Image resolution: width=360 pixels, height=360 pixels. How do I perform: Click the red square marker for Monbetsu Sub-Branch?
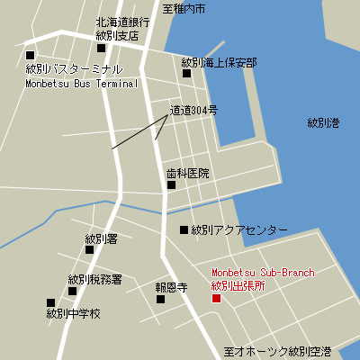215,298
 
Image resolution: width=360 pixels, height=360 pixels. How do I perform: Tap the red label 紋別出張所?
238,285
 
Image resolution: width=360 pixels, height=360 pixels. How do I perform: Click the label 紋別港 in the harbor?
322,122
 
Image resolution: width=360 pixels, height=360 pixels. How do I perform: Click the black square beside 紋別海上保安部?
187,74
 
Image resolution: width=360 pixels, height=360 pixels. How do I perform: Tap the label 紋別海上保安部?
219,62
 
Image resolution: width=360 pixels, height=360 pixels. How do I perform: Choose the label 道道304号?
193,111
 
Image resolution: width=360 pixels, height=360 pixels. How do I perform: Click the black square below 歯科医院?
171,185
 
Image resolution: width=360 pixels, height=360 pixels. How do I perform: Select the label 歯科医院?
187,173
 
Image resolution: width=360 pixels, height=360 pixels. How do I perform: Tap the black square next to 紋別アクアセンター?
184,230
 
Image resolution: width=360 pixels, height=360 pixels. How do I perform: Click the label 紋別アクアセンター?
239,230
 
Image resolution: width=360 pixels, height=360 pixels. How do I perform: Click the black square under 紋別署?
89,250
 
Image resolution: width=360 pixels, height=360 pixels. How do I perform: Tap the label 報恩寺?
170,287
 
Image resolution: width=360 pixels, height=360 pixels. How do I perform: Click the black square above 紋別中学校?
50,303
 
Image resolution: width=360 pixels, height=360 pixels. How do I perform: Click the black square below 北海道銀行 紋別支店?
101,49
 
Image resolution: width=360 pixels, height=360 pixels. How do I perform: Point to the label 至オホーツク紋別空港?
277,350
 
